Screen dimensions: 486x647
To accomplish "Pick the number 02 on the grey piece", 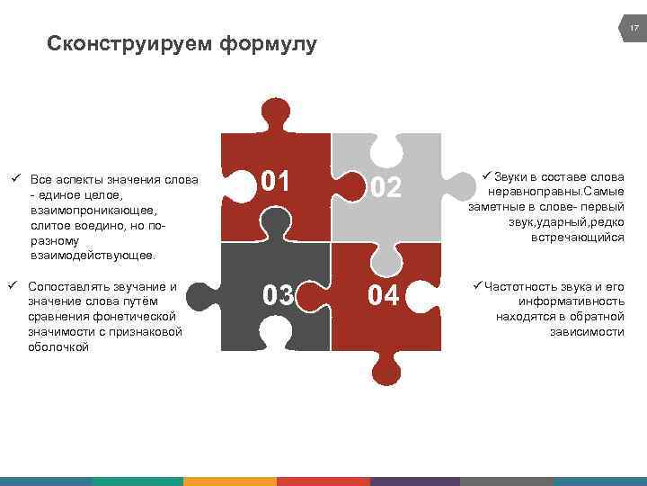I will [x=386, y=188].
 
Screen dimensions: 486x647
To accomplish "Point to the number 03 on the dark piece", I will [x=278, y=294].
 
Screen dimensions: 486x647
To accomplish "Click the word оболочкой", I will [x=59, y=347].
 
